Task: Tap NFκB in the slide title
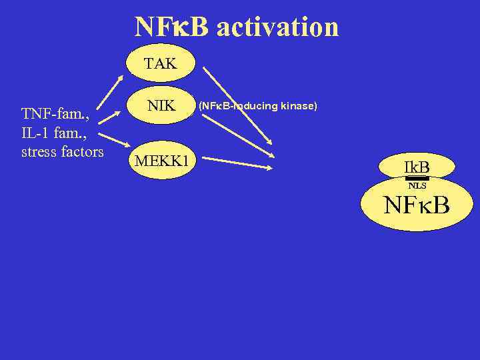pos(171,27)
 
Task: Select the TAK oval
pos(161,65)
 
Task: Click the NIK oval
pos(161,105)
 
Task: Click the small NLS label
pos(417,186)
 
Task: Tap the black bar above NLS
pos(417,179)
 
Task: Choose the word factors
pos(82,151)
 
